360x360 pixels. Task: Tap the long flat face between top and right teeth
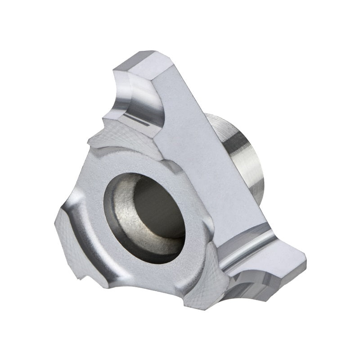(211, 157)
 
